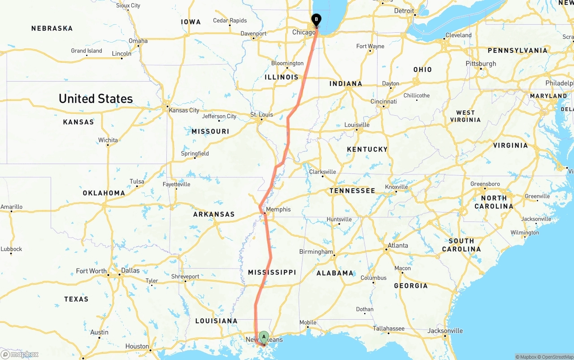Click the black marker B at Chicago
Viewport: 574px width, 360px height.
(x=316, y=20)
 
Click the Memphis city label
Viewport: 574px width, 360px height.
(x=278, y=209)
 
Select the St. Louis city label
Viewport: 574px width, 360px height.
(x=261, y=115)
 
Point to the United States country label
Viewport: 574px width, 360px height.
(x=96, y=99)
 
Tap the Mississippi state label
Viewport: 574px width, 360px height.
(x=272, y=272)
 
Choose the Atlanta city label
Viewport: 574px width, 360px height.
(x=398, y=245)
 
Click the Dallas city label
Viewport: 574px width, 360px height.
(x=130, y=270)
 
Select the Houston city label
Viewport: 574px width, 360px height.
(x=137, y=346)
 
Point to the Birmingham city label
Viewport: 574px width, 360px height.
(x=316, y=252)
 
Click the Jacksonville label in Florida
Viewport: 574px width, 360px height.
(x=445, y=331)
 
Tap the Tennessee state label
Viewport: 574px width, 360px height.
(x=352, y=191)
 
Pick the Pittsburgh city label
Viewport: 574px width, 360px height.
(x=481, y=64)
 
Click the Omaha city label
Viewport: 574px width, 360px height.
(x=138, y=41)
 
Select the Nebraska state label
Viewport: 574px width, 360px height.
(x=52, y=28)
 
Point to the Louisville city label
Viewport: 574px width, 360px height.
(x=357, y=125)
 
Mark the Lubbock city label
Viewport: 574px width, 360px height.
(x=11, y=249)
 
